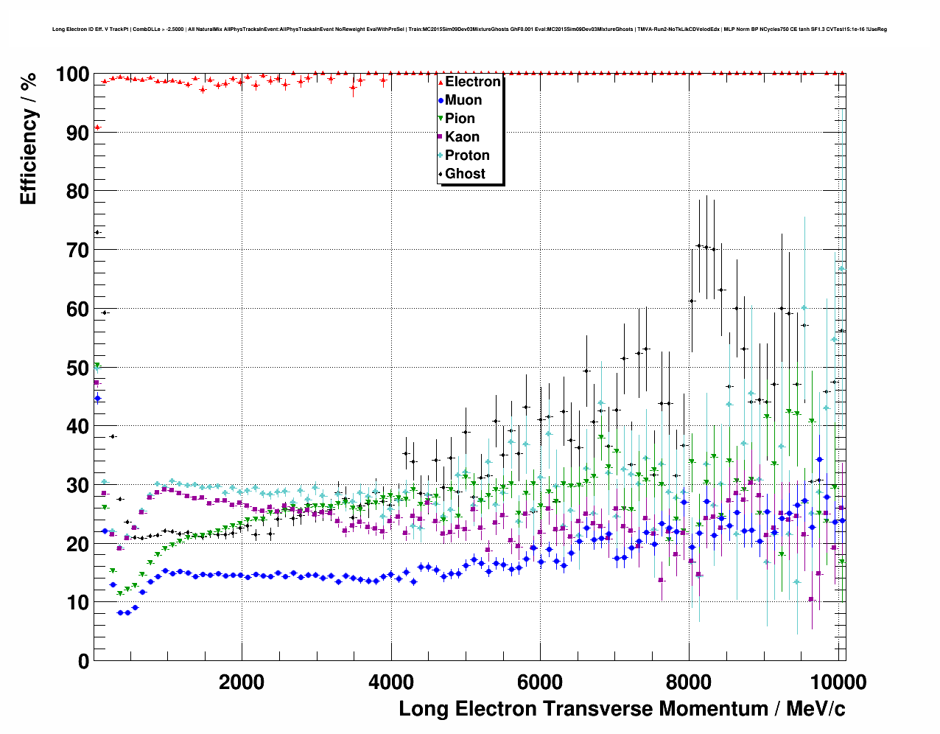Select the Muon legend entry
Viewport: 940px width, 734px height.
tap(463, 100)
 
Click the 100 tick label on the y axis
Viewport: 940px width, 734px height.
tap(72, 74)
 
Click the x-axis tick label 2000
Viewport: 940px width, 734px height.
tap(242, 682)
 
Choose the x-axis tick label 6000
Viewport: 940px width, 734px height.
tap(540, 682)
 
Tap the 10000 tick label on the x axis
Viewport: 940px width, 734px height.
tap(838, 682)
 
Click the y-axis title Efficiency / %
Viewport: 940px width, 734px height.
tap(29, 139)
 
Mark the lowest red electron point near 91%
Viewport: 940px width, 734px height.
tap(97, 127)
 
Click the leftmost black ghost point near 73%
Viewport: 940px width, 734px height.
tap(97, 233)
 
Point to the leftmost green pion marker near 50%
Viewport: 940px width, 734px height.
tap(97, 366)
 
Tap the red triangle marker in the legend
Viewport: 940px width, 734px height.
tap(441, 82)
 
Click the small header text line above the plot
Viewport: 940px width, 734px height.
tap(469, 29)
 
